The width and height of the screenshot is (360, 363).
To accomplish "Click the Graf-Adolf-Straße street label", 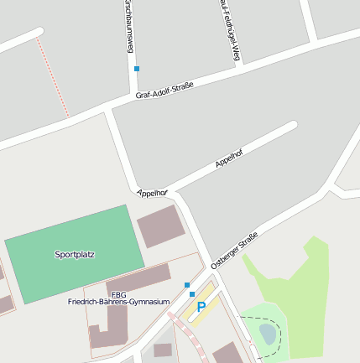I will [164, 90].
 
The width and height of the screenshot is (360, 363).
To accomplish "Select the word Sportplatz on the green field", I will [75, 254].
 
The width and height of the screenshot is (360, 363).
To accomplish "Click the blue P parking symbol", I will [201, 308].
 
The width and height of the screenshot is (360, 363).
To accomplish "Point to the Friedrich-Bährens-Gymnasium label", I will [119, 302].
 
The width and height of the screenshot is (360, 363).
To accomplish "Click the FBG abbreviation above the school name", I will [118, 294].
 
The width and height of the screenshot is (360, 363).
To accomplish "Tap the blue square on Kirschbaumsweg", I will [136, 68].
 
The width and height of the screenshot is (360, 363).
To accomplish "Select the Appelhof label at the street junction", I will [152, 193].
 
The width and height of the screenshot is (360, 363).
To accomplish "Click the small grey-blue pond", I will [267, 334].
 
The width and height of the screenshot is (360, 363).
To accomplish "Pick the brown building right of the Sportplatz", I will [159, 226].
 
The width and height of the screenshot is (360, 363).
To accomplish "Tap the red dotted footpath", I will [54, 77].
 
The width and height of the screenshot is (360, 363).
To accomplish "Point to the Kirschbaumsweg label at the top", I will [129, 25].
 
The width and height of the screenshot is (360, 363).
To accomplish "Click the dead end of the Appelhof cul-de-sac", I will [293, 126].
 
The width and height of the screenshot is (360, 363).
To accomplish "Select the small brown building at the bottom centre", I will [162, 350].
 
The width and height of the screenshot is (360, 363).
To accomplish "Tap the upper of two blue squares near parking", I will [187, 285].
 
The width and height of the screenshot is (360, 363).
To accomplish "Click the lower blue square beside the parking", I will [192, 294].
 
